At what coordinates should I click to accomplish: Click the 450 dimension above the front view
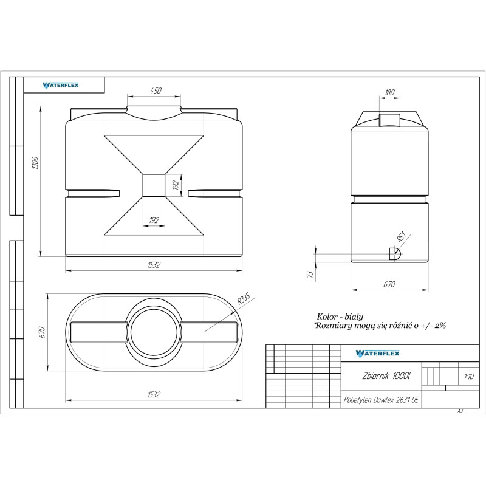coord(156,91)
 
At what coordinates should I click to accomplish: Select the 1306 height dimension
coord(35,163)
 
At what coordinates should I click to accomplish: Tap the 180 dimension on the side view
coord(389,92)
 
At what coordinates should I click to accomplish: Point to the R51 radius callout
coord(402,237)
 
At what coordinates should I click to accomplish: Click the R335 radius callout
coord(244,298)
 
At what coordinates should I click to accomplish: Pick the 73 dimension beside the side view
coord(310,274)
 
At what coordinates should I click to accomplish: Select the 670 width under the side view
coord(389,284)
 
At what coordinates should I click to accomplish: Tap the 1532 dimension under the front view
coord(154,265)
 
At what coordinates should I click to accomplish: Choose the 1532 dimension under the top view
coord(154,394)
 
